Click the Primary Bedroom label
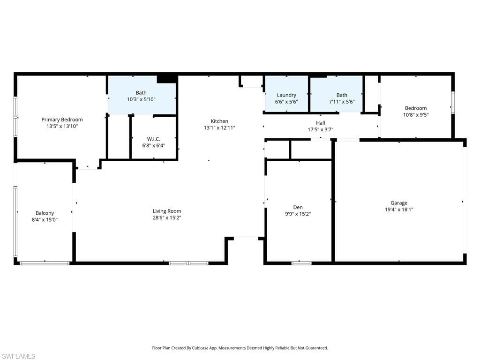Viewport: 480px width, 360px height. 62,120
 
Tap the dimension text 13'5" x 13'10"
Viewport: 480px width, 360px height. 62,127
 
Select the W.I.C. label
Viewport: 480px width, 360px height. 154,139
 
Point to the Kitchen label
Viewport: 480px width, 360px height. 219,121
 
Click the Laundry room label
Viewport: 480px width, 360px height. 286,95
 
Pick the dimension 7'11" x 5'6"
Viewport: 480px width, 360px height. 342,102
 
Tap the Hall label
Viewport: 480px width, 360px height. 321,123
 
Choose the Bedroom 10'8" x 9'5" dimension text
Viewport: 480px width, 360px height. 416,114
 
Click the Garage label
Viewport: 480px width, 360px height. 399,203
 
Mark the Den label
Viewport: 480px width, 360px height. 298,207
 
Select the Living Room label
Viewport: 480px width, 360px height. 167,211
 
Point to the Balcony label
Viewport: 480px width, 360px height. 45,213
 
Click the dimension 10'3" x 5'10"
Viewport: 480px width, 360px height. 141,99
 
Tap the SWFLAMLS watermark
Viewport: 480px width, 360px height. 18,356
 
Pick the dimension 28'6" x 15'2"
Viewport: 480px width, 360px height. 167,217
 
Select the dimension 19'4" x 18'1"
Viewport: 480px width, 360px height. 399,210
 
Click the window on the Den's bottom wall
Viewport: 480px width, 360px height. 301,263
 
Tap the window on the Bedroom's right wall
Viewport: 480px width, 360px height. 453,102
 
